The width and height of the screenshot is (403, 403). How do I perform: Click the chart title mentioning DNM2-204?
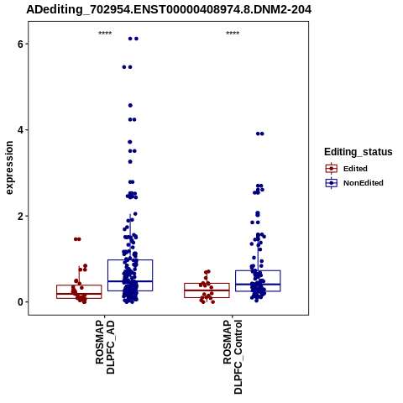tap(169, 10)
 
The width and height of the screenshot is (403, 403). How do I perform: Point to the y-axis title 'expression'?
tap(9, 168)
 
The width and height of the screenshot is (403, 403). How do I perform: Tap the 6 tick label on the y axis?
tap(20, 44)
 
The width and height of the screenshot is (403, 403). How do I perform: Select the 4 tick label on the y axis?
tap(20, 130)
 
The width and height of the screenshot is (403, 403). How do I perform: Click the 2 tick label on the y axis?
tap(20, 216)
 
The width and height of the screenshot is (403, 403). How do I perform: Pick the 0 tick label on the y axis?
tap(20, 302)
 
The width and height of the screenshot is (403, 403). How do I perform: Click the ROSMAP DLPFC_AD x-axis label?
tap(105, 347)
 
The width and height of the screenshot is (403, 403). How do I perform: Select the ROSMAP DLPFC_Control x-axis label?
tap(233, 357)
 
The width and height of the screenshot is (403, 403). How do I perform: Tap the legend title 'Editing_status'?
tap(359, 152)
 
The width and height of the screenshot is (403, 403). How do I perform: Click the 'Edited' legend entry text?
tap(355, 169)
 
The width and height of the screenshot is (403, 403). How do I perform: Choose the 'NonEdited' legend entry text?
tap(364, 183)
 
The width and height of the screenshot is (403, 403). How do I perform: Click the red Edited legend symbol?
tap(332, 169)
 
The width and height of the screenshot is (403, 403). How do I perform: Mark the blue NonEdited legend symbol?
tap(332, 183)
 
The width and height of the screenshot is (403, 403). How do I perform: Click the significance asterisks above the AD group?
tap(105, 34)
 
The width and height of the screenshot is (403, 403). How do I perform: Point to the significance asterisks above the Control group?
tap(233, 34)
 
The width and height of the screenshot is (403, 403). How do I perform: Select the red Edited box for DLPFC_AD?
tap(79, 285)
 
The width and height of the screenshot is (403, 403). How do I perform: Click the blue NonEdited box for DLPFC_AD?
tap(130, 260)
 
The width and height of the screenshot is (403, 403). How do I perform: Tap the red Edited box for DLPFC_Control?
tap(207, 284)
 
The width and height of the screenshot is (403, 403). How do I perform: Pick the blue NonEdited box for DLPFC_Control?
tap(258, 270)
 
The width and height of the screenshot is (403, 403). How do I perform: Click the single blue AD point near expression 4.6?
tap(130, 106)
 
